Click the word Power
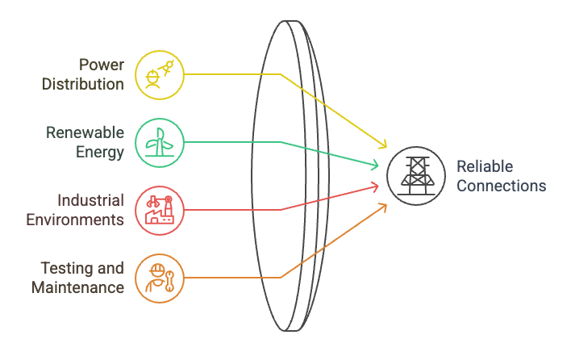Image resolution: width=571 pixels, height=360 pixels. pyautogui.click(x=102, y=65)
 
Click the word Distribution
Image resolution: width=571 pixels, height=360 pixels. pyautogui.click(x=83, y=83)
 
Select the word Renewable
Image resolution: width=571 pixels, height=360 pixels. pyautogui.click(x=85, y=132)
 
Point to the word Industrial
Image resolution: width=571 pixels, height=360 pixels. pyautogui.click(x=90, y=200)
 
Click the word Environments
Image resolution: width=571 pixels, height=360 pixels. pyautogui.click(x=75, y=219)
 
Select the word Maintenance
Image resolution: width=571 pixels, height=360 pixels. pyautogui.click(x=77, y=287)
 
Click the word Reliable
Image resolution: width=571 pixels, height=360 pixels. pyautogui.click(x=485, y=167)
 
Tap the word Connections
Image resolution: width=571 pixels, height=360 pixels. pyautogui.click(x=501, y=186)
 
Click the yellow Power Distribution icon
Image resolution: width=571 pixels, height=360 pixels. pyautogui.click(x=159, y=74)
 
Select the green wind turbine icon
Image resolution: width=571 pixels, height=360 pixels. pyautogui.click(x=159, y=142)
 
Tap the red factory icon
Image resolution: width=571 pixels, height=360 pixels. pyautogui.click(x=159, y=210)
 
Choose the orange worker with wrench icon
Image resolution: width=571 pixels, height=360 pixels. pyautogui.click(x=159, y=278)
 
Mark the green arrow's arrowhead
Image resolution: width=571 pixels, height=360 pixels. pyautogui.click(x=376, y=165)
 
